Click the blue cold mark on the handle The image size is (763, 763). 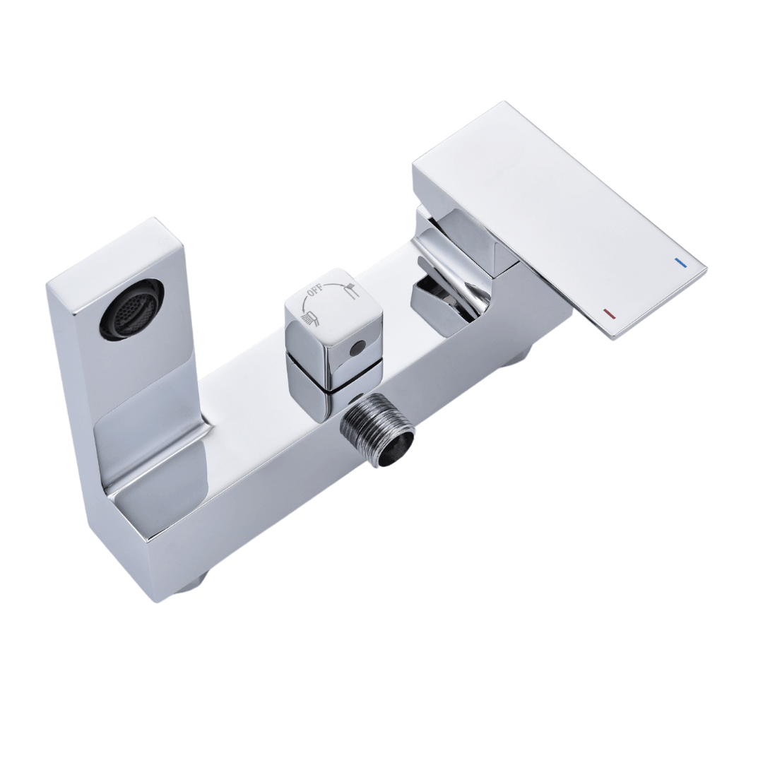pyautogui.click(x=680, y=263)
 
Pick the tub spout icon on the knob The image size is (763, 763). pyautogui.click(x=350, y=293)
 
